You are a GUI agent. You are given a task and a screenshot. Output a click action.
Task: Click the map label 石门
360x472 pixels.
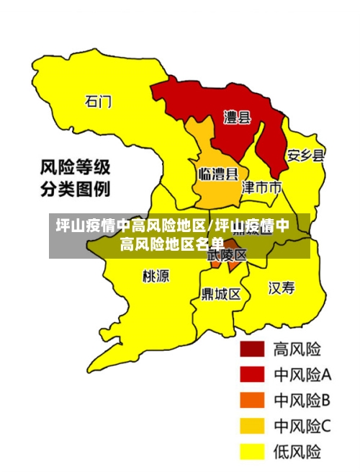[99, 101]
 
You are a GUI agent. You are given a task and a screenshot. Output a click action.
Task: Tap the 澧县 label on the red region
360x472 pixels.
[236, 117]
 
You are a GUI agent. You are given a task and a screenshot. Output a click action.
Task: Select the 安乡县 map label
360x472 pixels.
[305, 155]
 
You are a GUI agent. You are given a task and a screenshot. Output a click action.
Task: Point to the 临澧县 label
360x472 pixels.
[217, 174]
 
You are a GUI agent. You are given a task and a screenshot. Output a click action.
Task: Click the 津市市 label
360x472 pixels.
[261, 188]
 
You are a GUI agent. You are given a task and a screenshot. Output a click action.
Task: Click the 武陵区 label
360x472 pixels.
[228, 254]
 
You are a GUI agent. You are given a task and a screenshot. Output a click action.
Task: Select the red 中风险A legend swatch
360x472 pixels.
[252, 375]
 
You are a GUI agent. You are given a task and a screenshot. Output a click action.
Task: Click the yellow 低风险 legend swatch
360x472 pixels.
[252, 452]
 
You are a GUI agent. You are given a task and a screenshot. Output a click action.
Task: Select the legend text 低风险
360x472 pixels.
[297, 452]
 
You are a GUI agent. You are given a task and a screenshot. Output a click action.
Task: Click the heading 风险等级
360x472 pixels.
[75, 168]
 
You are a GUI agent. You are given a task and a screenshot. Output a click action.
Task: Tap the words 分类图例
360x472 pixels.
[75, 190]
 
